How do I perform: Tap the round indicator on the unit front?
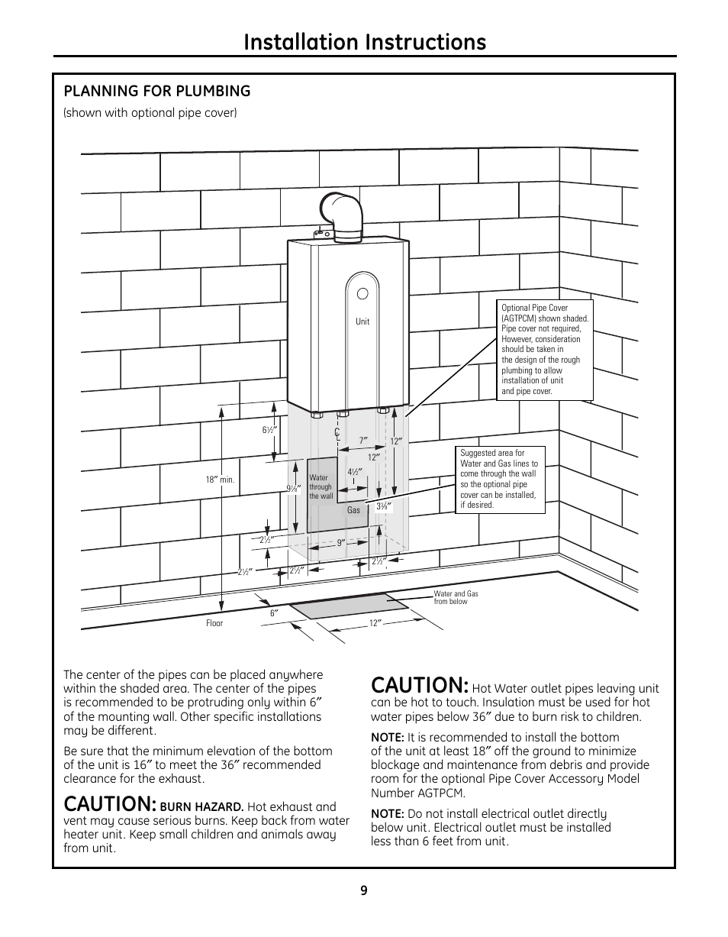[x=362, y=293]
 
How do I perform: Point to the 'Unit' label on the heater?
[x=362, y=321]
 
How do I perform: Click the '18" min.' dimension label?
[x=219, y=480]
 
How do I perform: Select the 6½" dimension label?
[x=269, y=431]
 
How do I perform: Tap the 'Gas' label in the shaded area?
[x=353, y=510]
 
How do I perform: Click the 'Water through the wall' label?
[x=321, y=487]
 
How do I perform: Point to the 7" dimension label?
[x=363, y=441]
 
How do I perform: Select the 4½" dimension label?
[x=354, y=472]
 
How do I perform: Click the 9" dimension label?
[x=342, y=543]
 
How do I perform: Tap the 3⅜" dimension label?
[x=383, y=506]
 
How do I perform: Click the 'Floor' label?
[x=214, y=623]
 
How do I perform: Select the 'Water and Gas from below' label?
[x=456, y=597]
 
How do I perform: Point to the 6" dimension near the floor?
[x=273, y=612]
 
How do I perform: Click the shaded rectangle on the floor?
[x=349, y=606]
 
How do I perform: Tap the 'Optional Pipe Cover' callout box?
[x=545, y=349]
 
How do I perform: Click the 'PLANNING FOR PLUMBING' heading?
[x=157, y=92]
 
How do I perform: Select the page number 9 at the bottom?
[x=364, y=890]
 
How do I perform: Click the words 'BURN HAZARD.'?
[x=201, y=807]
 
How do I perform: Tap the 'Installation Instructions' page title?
[x=365, y=42]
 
